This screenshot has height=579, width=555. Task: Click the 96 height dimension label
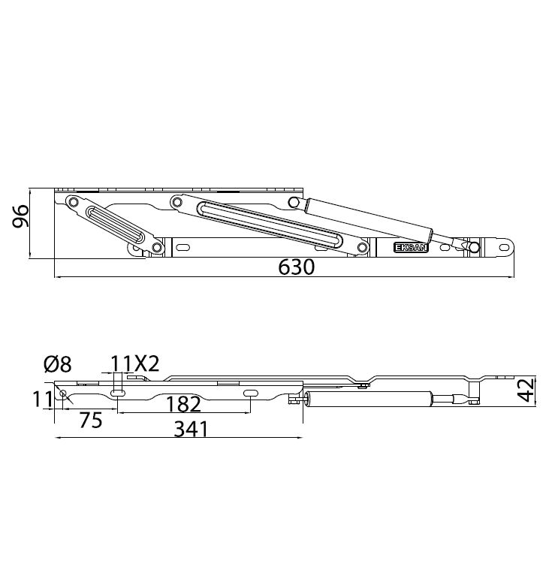(x=21, y=216)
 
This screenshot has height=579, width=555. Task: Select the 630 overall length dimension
(x=296, y=267)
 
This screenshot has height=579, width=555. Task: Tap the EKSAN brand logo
(x=411, y=247)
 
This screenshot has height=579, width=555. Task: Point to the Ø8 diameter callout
(x=58, y=364)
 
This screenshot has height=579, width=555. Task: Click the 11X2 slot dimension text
(x=134, y=363)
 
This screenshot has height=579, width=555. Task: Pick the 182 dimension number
(x=183, y=404)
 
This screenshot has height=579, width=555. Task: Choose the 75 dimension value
(x=90, y=421)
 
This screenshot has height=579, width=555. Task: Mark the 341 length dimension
(x=191, y=429)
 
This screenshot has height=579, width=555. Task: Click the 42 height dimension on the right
(x=526, y=390)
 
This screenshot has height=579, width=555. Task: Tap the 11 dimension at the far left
(x=43, y=400)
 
